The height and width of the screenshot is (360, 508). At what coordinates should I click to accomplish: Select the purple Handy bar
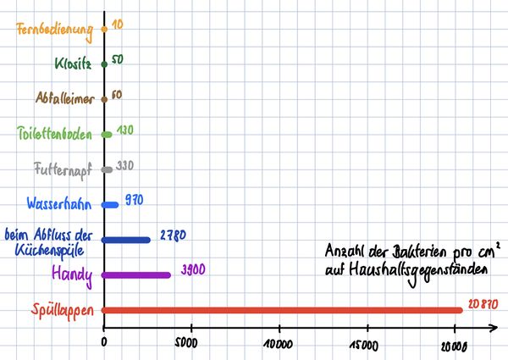click(136, 274)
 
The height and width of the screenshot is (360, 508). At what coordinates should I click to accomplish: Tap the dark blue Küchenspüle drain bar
click(126, 240)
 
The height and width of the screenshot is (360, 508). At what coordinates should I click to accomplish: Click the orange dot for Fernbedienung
click(103, 29)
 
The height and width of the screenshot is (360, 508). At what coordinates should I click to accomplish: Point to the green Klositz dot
click(103, 64)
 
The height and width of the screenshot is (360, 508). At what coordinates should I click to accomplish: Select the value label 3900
click(192, 269)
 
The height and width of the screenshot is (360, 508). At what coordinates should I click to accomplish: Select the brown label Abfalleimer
click(65, 98)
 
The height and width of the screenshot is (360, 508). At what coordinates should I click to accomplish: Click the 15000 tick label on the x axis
click(367, 343)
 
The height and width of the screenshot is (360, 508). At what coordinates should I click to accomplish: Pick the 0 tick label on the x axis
click(104, 342)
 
